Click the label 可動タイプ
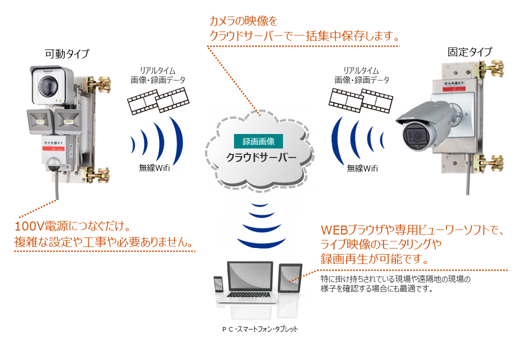67,53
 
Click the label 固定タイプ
470,51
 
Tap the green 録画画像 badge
258,141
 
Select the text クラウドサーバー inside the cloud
261,157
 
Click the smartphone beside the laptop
218,284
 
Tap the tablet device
290,278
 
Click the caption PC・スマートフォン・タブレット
260,329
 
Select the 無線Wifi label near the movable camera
154,167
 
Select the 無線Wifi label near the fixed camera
362,168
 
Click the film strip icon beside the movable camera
158,101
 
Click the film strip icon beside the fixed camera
361,101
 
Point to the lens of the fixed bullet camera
414,135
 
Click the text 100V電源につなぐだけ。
72,226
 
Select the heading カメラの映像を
243,21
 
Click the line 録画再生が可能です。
374,258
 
